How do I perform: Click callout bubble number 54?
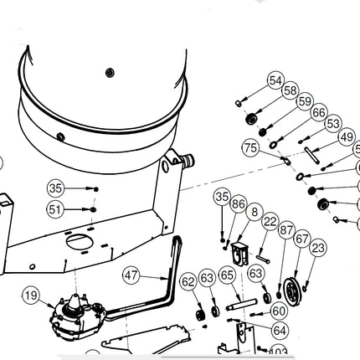tap(275, 80)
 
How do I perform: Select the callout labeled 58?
tap(290, 90)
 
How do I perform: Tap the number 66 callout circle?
tap(318, 112)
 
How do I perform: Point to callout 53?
tap(332, 123)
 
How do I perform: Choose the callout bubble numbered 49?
tap(346, 136)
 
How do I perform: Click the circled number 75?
tap(250, 147)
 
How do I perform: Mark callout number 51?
tap(55, 209)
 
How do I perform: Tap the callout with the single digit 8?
tap(255, 212)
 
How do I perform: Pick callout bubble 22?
tap(270, 221)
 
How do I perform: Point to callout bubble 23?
tap(317, 248)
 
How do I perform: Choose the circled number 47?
tap(131, 275)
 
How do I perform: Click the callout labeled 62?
tap(188, 280)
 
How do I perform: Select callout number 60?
tap(280, 311)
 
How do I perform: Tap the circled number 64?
tap(280, 331)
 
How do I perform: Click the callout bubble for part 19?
tap(31, 295)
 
